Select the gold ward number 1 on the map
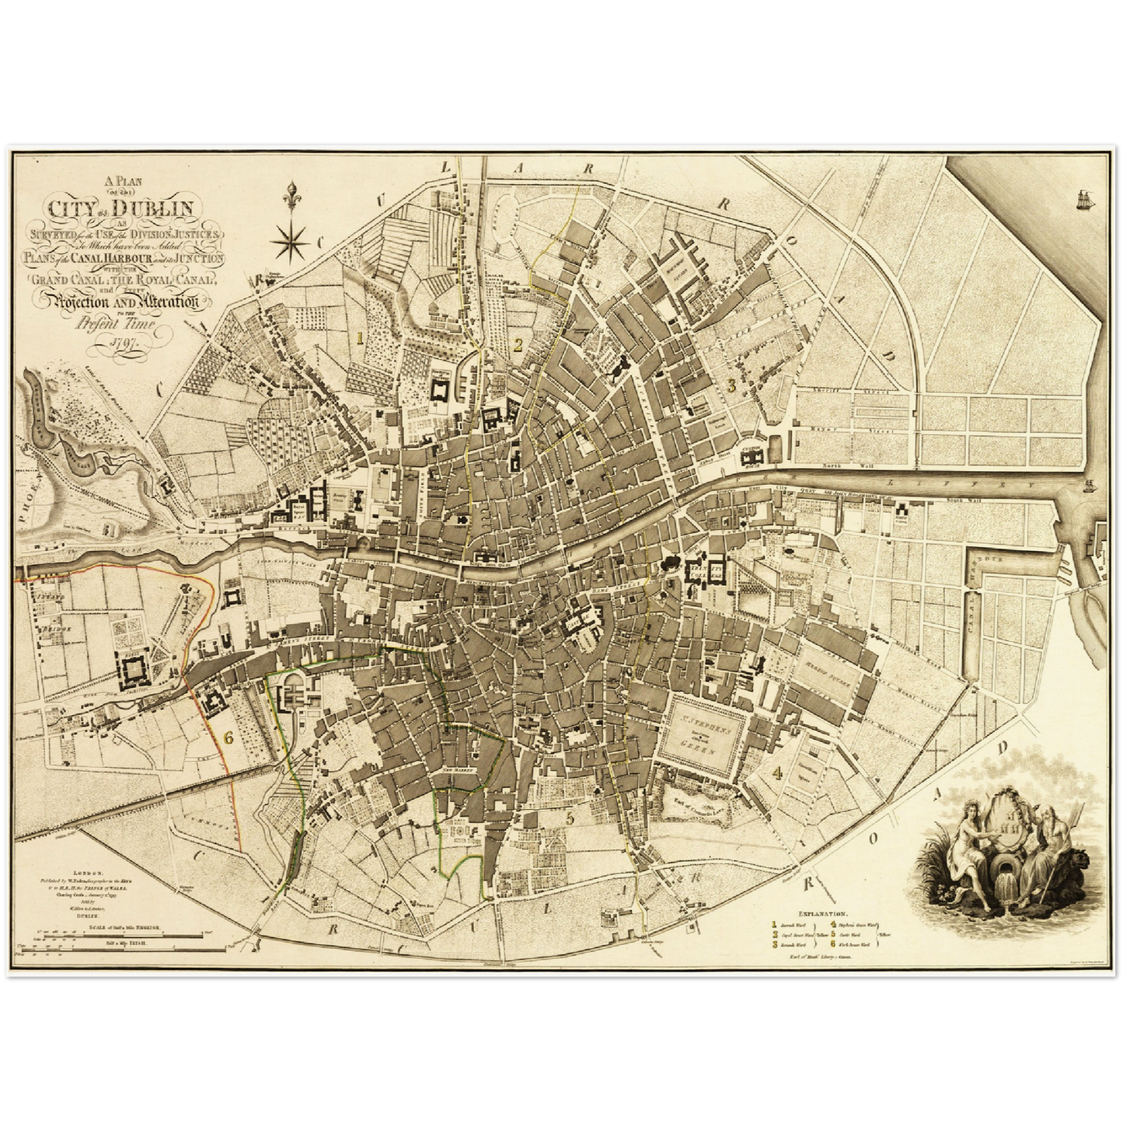pyautogui.click(x=359, y=337)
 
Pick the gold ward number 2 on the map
pyautogui.click(x=516, y=345)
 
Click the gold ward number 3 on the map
pyautogui.click(x=731, y=385)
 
